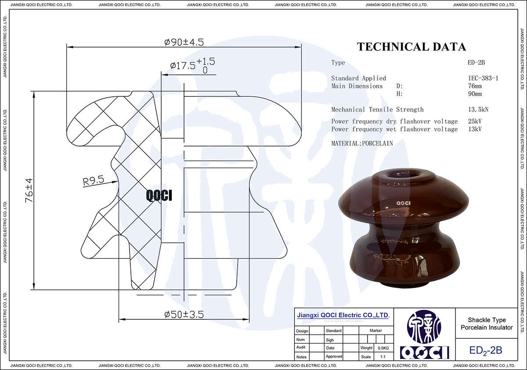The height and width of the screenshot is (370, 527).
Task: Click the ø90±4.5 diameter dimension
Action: coord(184,42)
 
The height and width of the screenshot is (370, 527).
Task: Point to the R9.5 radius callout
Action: coord(93,180)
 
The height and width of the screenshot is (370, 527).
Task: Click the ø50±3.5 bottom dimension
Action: coord(184,315)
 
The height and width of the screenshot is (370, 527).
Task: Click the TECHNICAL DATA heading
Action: coord(411,47)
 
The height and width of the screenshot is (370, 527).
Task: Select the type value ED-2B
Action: coord(476,63)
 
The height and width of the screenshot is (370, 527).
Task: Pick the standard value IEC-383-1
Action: coord(483,78)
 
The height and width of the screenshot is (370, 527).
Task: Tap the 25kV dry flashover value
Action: coord(475,121)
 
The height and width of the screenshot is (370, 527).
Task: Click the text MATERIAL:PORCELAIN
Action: coord(362,143)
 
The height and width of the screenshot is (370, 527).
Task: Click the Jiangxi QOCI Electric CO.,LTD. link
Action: coord(343,315)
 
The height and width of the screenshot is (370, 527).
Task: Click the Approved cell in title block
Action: coord(334,356)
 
